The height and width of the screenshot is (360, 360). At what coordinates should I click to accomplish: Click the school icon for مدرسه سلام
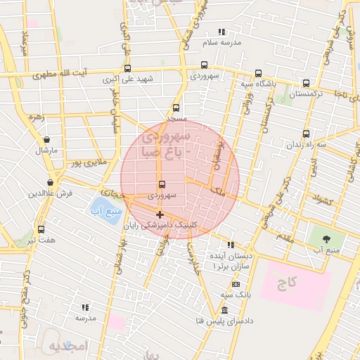click(222, 32)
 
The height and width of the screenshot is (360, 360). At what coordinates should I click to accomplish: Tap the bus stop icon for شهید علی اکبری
click(127, 69)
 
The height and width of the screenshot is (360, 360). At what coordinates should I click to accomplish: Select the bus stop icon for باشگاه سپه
click(258, 73)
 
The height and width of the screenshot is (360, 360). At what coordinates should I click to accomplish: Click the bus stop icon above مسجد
click(175, 108)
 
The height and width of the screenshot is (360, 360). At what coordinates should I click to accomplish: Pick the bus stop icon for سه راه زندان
click(306, 134)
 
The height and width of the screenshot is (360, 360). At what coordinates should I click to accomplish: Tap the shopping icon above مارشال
click(46, 140)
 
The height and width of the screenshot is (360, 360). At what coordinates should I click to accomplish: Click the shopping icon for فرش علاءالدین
click(51, 182)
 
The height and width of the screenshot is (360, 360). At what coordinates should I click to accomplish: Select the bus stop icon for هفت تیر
click(41, 230)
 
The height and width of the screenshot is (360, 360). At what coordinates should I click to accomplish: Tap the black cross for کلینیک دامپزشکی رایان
click(160, 214)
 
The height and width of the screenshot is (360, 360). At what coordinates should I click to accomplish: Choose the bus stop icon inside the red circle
click(163, 185)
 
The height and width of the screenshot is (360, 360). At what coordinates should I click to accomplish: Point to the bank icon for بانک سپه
click(236, 283)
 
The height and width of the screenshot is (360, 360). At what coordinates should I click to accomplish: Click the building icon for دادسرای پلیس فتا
click(224, 311)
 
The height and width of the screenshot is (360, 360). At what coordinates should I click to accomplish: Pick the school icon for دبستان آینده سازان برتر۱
click(230, 245)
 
